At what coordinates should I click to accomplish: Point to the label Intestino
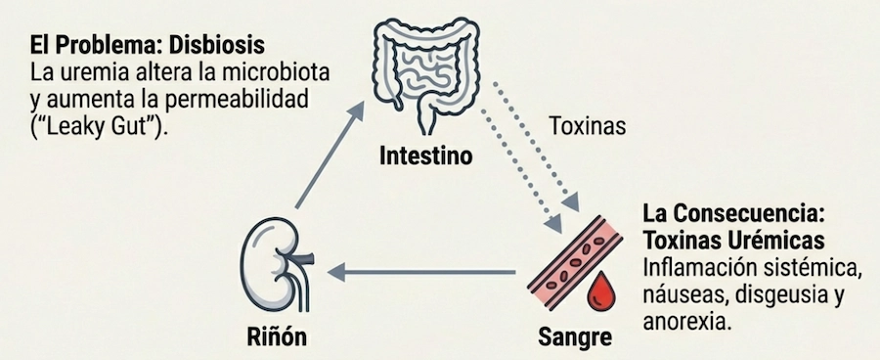click(x=425, y=156)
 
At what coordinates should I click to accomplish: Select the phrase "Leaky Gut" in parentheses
click(x=92, y=125)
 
